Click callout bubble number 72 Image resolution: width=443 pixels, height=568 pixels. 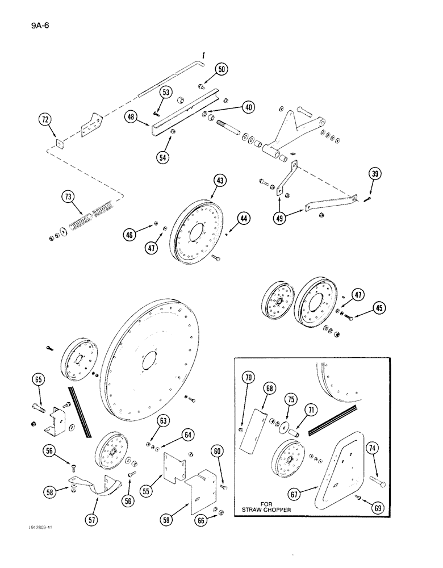(44, 120)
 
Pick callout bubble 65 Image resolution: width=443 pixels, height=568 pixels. (39, 380)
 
